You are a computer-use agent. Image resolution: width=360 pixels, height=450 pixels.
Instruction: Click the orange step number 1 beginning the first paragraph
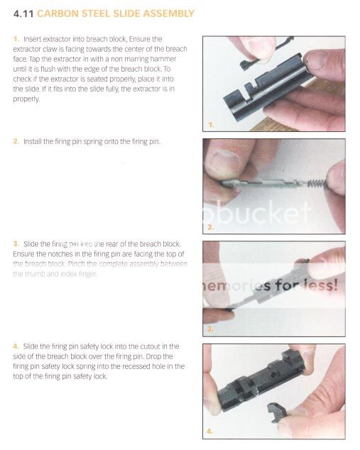tap(16, 38)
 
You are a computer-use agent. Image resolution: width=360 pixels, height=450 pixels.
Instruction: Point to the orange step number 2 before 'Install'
tap(16, 142)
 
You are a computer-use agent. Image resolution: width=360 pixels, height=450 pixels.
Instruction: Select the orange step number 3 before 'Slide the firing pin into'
tap(16, 244)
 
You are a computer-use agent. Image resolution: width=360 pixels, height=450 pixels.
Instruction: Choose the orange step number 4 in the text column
tap(16, 346)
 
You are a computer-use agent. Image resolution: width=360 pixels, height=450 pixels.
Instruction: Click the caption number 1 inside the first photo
tap(211, 126)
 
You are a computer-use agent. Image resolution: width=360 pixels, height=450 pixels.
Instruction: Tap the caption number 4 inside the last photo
tap(211, 430)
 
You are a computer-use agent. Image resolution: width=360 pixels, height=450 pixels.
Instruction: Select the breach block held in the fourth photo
tap(263, 383)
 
